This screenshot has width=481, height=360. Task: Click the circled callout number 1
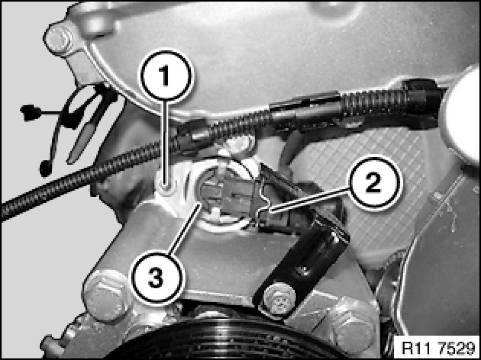(166, 76)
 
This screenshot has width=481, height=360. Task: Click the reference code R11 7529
(439, 348)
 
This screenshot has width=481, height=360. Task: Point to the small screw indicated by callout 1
(166, 185)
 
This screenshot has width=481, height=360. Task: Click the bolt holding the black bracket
(279, 298)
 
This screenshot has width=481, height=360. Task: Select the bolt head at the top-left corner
(58, 39)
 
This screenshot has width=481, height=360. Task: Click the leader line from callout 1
(166, 143)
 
